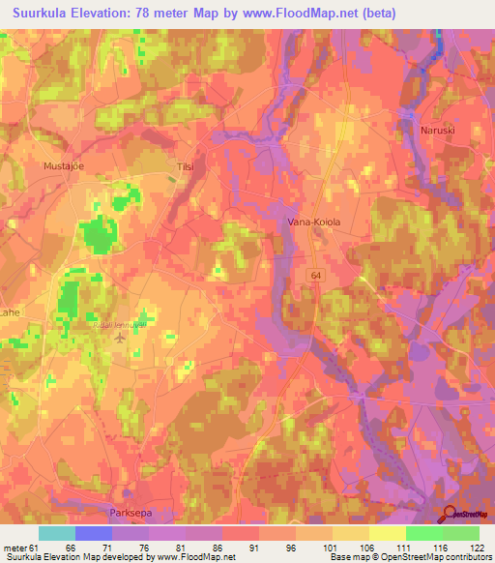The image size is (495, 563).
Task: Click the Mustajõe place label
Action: pyautogui.click(x=65, y=166)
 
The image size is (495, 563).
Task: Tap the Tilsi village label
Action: pyautogui.click(x=185, y=166)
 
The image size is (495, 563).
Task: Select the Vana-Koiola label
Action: pyautogui.click(x=314, y=222)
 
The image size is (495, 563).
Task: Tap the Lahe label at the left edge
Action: pyautogui.click(x=10, y=312)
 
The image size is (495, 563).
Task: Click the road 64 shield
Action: pyautogui.click(x=316, y=275)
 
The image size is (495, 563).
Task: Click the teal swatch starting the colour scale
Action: pyautogui.click(x=57, y=533)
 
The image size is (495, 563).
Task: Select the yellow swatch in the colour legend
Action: pyautogui.click(x=387, y=533)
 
